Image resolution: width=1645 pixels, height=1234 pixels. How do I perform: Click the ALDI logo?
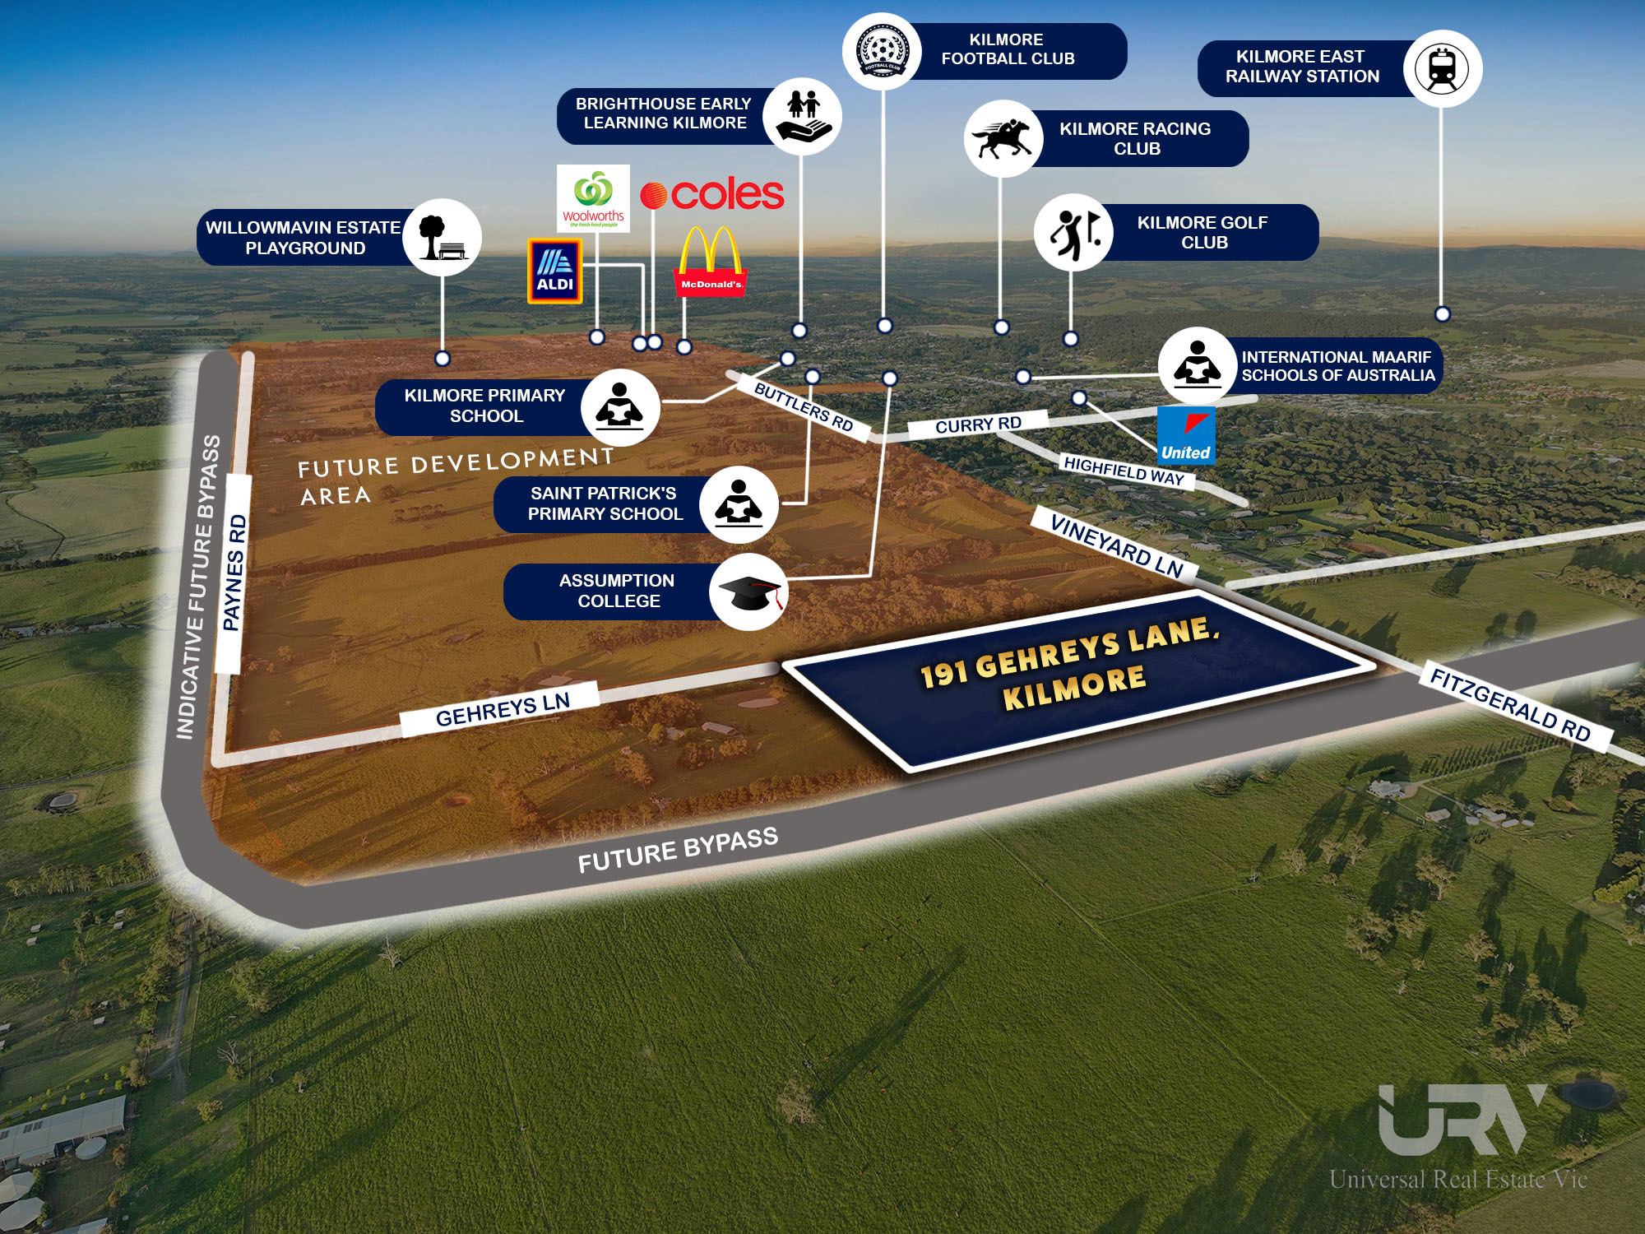(x=555, y=271)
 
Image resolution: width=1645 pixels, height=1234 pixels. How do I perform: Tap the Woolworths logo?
(x=593, y=198)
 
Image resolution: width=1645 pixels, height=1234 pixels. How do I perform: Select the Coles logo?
(x=712, y=195)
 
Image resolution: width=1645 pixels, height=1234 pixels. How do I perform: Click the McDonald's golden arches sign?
(x=711, y=262)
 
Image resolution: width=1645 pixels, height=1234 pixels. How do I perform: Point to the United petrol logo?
(x=1186, y=435)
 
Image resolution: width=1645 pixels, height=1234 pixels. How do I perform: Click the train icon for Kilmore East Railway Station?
(x=1443, y=68)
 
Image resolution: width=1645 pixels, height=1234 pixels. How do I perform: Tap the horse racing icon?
(x=1002, y=138)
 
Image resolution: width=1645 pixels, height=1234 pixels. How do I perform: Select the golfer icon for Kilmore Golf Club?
(x=1073, y=233)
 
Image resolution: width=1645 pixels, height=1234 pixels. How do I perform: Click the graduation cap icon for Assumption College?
(x=748, y=592)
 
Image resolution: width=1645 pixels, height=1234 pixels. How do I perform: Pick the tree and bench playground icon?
(x=443, y=237)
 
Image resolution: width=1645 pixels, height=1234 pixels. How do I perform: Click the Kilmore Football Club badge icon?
(x=882, y=50)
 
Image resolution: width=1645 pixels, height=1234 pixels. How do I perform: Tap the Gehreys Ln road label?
(x=503, y=709)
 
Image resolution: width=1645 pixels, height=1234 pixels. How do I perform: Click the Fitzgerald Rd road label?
(x=1510, y=706)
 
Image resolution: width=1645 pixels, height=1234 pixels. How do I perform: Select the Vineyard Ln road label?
(x=1116, y=544)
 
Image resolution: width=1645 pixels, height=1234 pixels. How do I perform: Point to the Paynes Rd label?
(x=234, y=573)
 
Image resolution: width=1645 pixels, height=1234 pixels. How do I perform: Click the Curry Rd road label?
(x=978, y=424)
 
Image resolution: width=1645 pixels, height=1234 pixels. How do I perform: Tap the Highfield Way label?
(x=1124, y=471)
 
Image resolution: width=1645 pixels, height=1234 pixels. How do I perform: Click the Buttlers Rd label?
(x=803, y=407)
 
